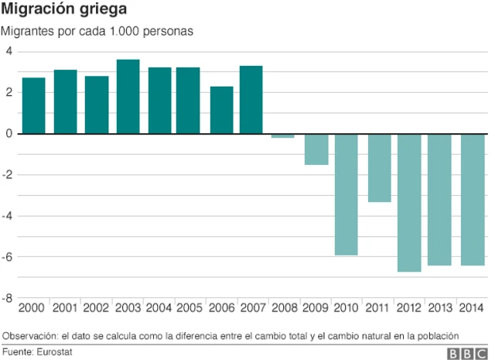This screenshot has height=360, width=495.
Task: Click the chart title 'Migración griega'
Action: pyautogui.click(x=64, y=10)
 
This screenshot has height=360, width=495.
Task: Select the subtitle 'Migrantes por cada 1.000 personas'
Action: pyautogui.click(x=97, y=32)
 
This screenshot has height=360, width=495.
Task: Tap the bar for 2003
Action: pyautogui.click(x=128, y=97)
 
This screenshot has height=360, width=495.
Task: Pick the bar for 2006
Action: pyautogui.click(x=222, y=110)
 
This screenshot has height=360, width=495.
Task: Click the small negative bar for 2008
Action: pyautogui.click(x=283, y=135)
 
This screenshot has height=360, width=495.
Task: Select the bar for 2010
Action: pyautogui.click(x=346, y=194)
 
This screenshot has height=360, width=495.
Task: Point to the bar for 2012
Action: pyautogui.click(x=409, y=203)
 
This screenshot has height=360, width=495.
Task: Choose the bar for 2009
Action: pyautogui.click(x=316, y=149)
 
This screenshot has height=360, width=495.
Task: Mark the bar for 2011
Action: pyautogui.click(x=378, y=168)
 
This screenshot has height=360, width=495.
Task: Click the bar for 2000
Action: pyautogui.click(x=33, y=105)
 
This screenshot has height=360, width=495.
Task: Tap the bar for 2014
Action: pyautogui.click(x=472, y=200)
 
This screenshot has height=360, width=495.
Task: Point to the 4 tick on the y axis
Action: pyautogui.click(x=9, y=52)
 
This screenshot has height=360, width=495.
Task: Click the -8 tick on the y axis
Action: pyautogui.click(x=8, y=298)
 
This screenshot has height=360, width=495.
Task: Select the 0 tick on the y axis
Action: pyautogui.click(x=9, y=134)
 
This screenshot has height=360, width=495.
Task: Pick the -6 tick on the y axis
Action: pyautogui.click(x=8, y=257)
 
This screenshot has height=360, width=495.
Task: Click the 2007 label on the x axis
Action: pyautogui.click(x=251, y=308)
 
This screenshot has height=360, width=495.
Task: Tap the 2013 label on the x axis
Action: pyautogui.click(x=440, y=308)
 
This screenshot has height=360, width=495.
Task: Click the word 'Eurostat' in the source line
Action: pyautogui.click(x=58, y=351)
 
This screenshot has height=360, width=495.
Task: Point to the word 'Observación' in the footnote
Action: pyautogui.click(x=30, y=335)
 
